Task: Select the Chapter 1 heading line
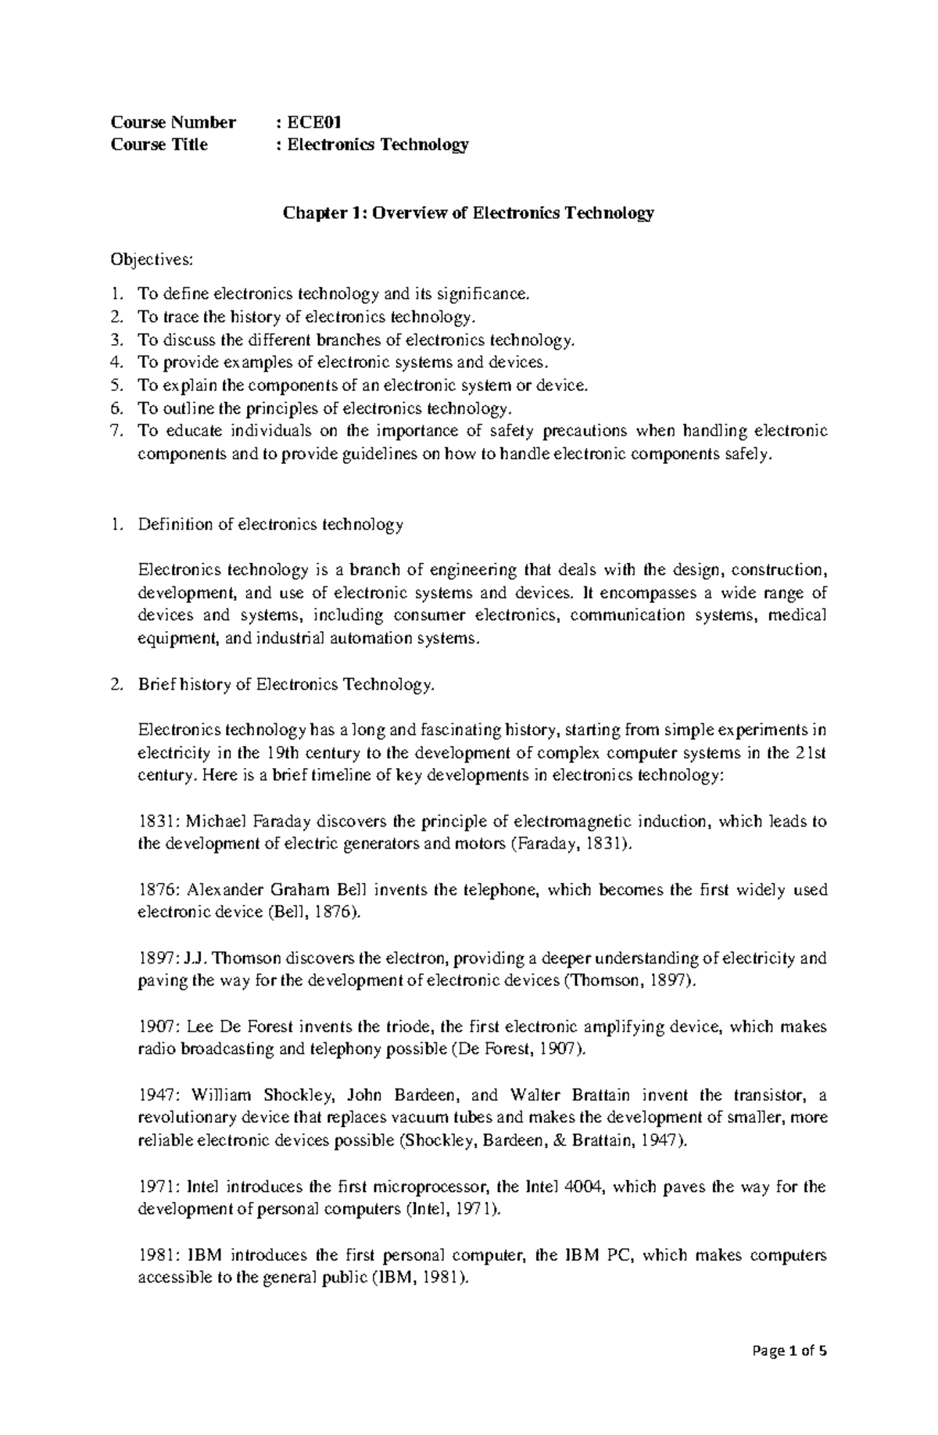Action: pyautogui.click(x=468, y=213)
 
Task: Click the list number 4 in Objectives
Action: pyautogui.click(x=116, y=362)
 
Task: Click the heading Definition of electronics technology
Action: pyautogui.click(x=270, y=525)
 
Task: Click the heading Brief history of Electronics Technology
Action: pyautogui.click(x=285, y=685)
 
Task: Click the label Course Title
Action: pyautogui.click(x=159, y=145)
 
